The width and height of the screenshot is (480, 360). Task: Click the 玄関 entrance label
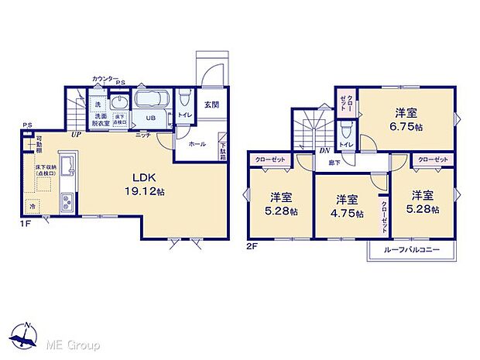point(211,105)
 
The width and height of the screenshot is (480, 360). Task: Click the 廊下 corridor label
point(333,163)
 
